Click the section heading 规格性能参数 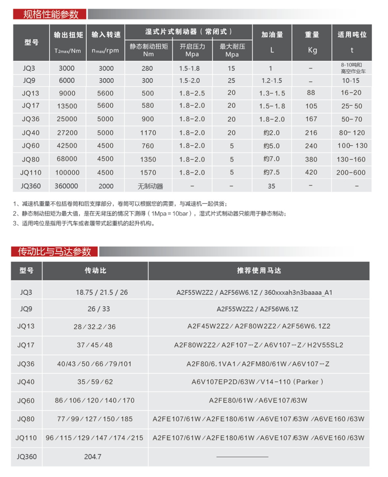[51, 14]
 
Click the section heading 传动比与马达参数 [55, 252]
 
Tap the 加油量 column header [271, 35]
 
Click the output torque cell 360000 [66, 186]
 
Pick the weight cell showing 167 [312, 119]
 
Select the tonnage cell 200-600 [353, 173]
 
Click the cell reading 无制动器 [148, 186]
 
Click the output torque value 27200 [66, 133]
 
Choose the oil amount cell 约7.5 [271, 173]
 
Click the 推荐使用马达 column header [258, 270]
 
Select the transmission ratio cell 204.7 [93, 457]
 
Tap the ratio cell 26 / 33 [94, 308]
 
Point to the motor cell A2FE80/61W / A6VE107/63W [258, 400]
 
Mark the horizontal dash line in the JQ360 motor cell [242, 457]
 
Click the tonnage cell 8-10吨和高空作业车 [353, 68]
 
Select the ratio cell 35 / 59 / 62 [94, 382]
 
